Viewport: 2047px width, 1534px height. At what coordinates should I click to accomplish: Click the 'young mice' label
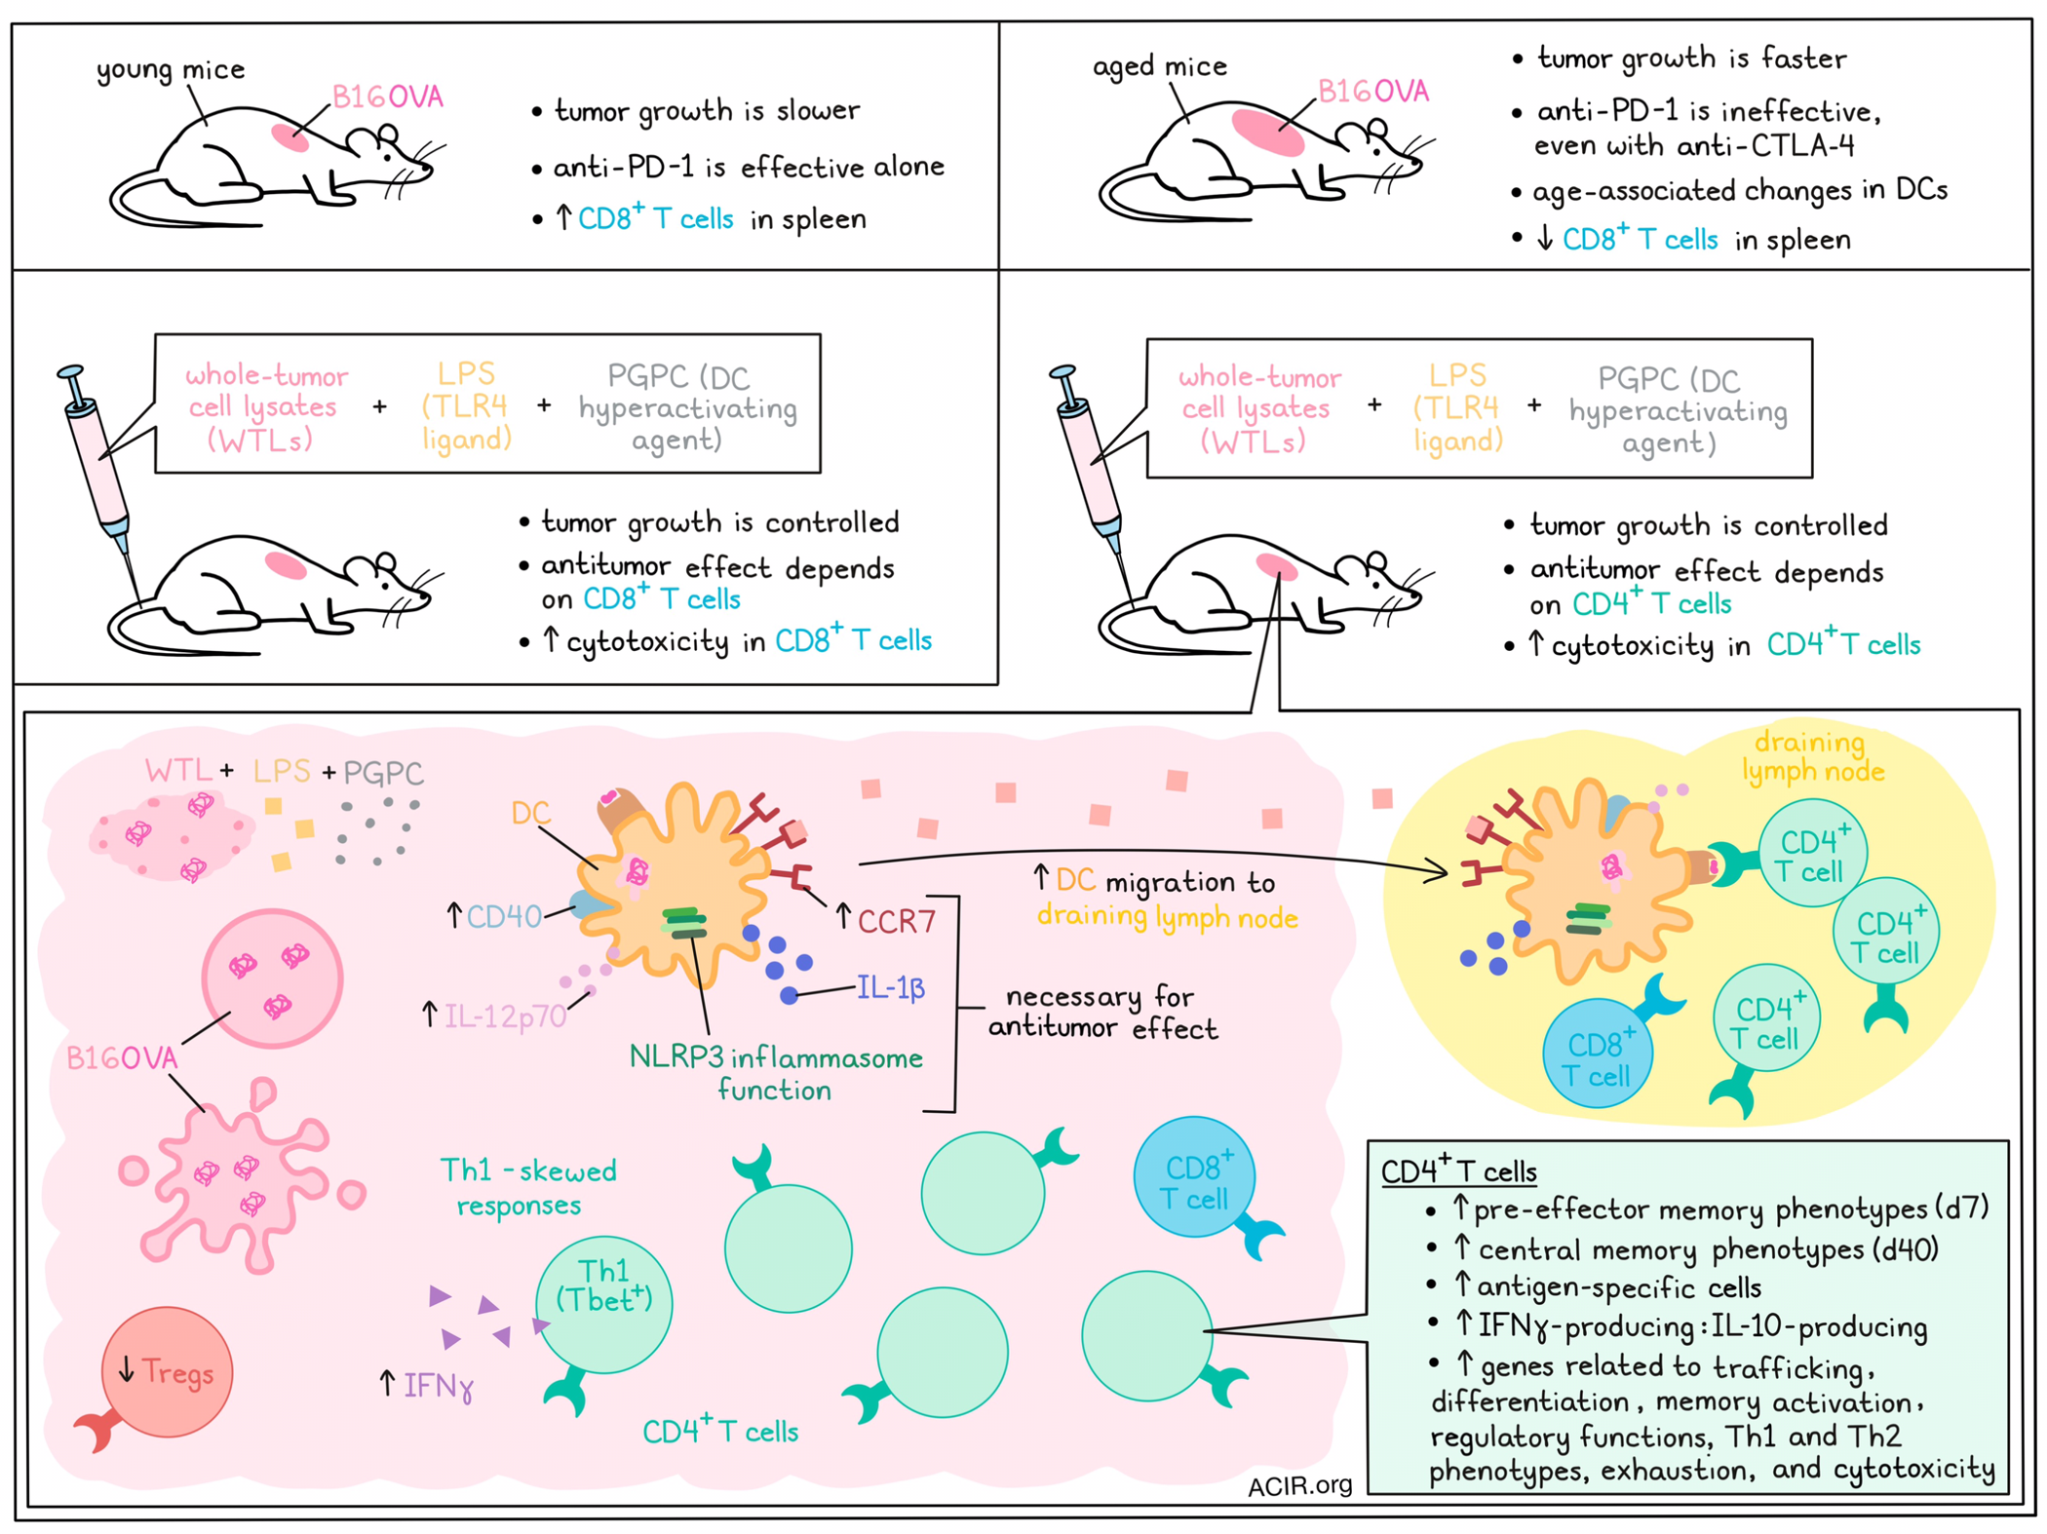[171, 70]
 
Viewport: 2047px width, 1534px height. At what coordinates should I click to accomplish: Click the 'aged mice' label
[1160, 66]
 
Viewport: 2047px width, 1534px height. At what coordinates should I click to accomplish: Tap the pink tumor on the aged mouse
[1267, 132]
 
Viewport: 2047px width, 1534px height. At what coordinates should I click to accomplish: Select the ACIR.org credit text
[1299, 1485]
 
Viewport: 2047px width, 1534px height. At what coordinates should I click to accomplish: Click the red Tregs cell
[167, 1372]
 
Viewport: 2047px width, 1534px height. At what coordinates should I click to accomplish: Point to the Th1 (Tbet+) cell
[604, 1304]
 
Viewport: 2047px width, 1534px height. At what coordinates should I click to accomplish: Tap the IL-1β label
[891, 988]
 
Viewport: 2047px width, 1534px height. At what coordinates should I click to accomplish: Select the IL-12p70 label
[505, 1016]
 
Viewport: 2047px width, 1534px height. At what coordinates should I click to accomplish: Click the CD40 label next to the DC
[504, 916]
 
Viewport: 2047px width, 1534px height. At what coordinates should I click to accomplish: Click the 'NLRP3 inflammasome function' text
[776, 1073]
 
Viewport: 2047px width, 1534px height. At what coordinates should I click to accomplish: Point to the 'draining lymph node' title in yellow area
[1813, 756]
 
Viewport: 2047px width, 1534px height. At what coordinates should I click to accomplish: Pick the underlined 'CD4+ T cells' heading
[1459, 1170]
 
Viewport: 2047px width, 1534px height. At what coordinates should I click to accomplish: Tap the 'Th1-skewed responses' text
[528, 1187]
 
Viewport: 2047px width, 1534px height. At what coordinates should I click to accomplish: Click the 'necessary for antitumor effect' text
[1102, 1013]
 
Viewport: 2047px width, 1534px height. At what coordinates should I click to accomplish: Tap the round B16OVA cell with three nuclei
[272, 978]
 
